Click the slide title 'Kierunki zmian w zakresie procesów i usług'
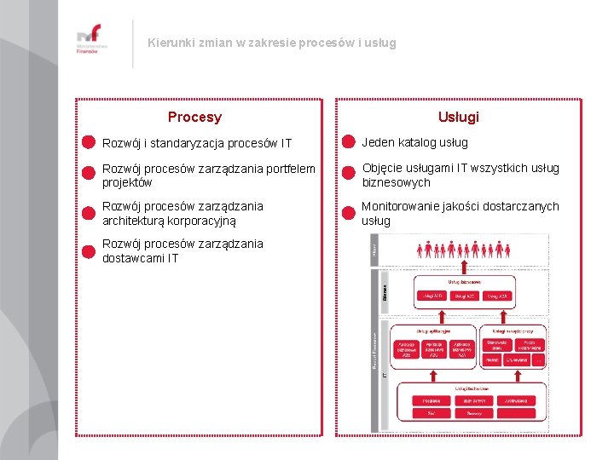click(271, 43)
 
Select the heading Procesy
click(194, 118)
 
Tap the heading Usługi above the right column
click(458, 118)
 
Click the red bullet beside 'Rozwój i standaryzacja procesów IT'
click(87, 142)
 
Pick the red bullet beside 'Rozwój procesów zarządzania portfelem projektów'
click(87, 172)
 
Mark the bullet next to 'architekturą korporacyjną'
click(87, 212)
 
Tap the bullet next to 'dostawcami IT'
click(87, 250)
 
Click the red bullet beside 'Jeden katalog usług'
click(347, 142)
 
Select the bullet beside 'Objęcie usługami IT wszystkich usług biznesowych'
click(347, 172)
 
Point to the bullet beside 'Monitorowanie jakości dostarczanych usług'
click(347, 212)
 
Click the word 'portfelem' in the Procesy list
click(289, 169)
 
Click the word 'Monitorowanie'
click(402, 206)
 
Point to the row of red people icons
click(463, 250)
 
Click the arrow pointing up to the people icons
click(464, 267)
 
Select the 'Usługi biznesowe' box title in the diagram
click(464, 281)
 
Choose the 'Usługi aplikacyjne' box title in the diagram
click(432, 331)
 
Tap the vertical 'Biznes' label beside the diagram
click(385, 291)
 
